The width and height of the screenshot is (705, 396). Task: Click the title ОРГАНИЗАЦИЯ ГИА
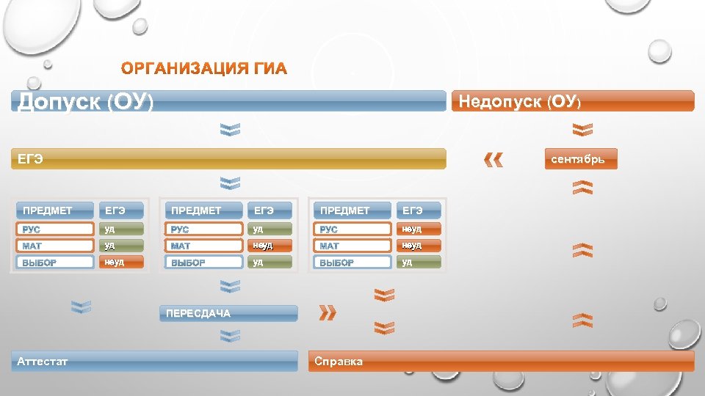204,70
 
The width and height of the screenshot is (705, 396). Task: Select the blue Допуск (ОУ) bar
228,101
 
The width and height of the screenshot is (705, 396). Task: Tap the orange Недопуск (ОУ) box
574,101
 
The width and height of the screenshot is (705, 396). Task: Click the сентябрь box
581,159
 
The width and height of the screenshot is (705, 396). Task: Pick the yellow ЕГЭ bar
228,158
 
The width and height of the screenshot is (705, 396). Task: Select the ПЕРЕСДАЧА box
229,313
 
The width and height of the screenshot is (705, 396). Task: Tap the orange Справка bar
501,361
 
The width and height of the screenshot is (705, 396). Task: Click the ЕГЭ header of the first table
122,210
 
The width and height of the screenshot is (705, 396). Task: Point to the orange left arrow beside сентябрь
494,159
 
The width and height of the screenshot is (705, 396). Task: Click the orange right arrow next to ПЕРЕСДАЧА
328,313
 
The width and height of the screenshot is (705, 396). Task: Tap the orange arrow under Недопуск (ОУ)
582,130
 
